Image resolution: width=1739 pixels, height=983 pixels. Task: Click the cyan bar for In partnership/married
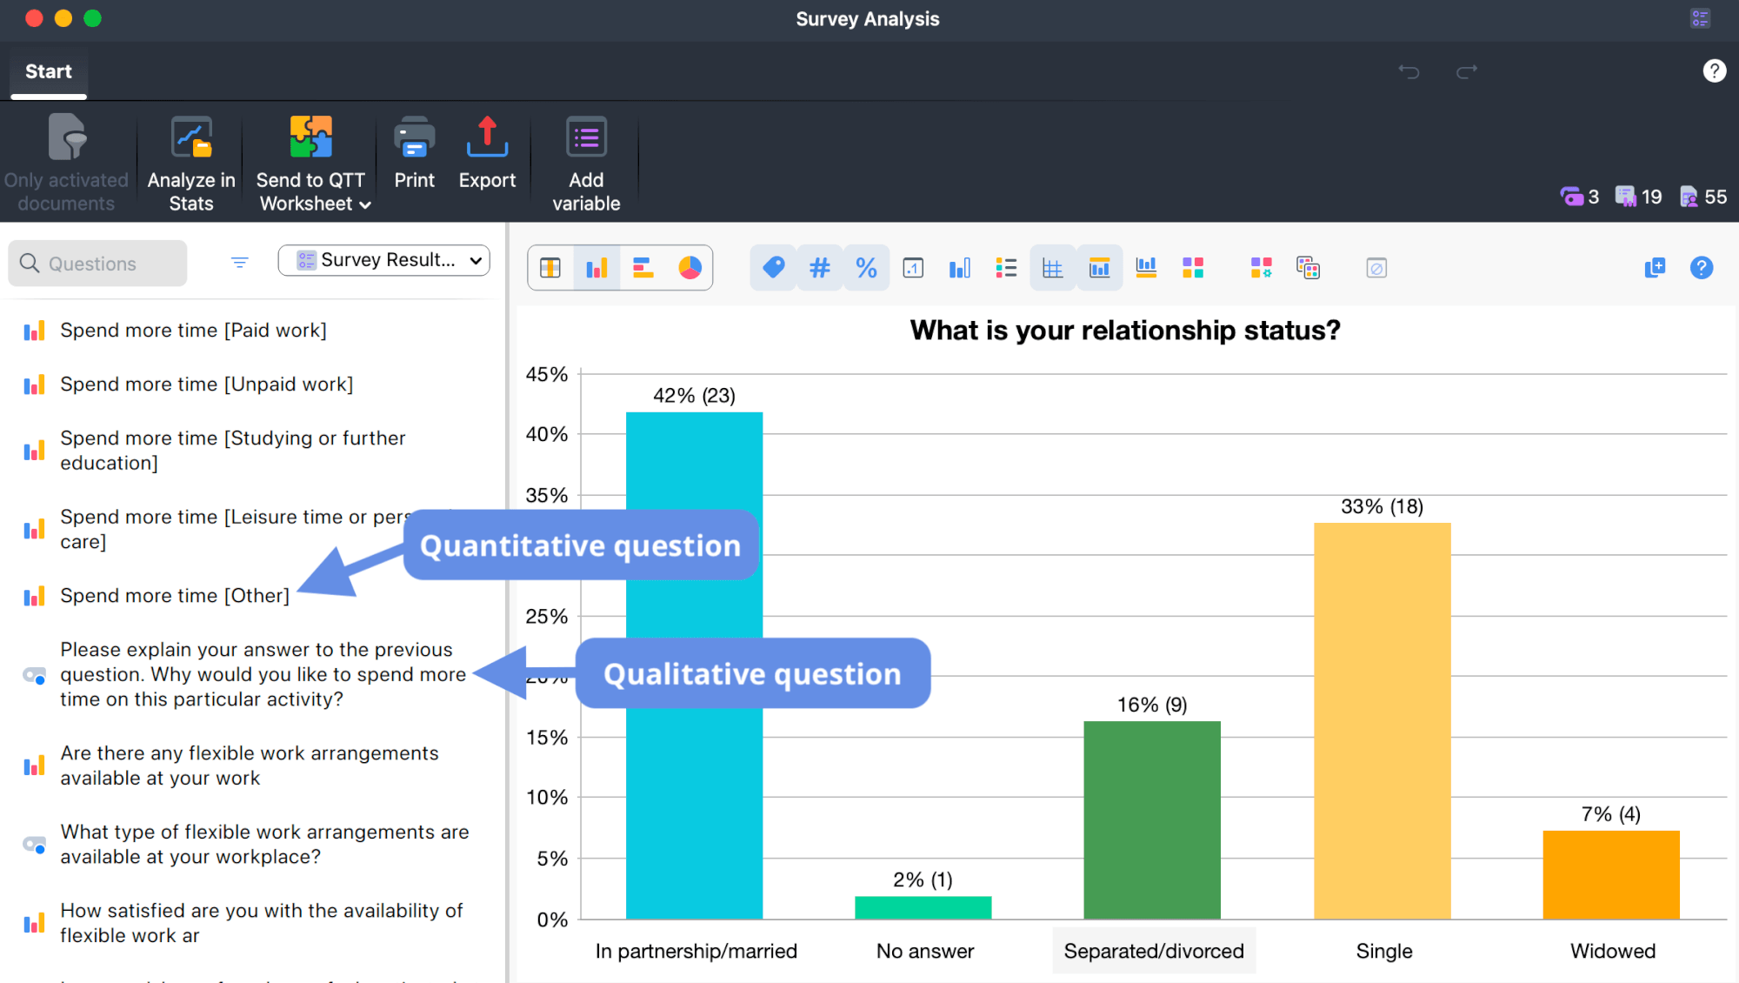pyautogui.click(x=694, y=783)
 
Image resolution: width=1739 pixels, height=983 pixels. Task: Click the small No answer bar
pyautogui.click(x=923, y=907)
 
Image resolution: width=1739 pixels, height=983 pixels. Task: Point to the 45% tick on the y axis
pyautogui.click(x=547, y=375)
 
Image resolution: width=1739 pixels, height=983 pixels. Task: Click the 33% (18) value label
pyautogui.click(x=1382, y=506)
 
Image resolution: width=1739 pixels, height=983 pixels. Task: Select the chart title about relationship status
pyautogui.click(x=1124, y=331)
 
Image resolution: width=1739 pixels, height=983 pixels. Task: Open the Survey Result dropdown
pyautogui.click(x=383, y=260)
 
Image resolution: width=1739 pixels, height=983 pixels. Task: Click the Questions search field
pyautogui.click(x=98, y=264)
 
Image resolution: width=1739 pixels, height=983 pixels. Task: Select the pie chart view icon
pyautogui.click(x=690, y=268)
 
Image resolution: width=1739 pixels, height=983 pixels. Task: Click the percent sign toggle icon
pyautogui.click(x=866, y=268)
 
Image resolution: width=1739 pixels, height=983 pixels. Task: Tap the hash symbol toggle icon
pyautogui.click(x=819, y=268)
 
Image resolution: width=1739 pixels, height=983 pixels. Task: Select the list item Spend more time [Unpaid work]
pyautogui.click(x=207, y=385)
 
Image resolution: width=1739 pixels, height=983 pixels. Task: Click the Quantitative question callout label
pyautogui.click(x=580, y=545)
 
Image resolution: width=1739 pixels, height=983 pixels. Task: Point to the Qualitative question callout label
pyautogui.click(x=752, y=674)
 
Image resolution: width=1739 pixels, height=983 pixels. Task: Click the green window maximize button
pyautogui.click(x=93, y=18)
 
